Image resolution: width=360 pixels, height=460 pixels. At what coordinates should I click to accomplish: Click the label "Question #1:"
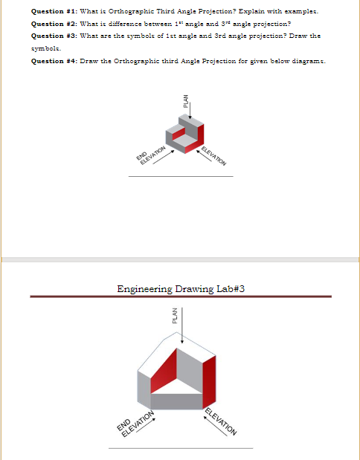(51, 11)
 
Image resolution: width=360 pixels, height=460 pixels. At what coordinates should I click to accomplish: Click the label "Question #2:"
(51, 24)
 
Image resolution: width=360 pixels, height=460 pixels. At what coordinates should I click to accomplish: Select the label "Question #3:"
(51, 36)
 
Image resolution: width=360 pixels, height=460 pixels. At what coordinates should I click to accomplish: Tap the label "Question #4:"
(51, 61)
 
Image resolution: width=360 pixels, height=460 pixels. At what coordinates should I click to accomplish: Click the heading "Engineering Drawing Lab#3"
(181, 288)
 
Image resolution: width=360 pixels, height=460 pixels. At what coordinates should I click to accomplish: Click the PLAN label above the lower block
(176, 317)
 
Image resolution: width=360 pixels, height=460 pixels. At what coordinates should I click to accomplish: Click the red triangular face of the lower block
(167, 368)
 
